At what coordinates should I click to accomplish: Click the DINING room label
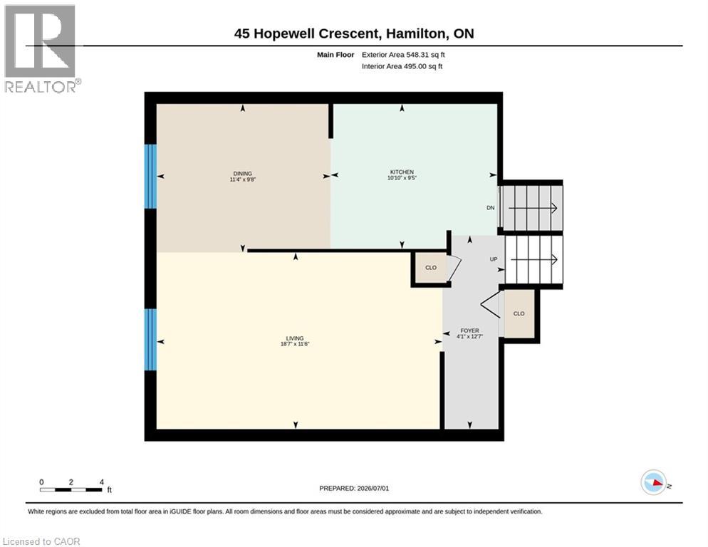point(242,174)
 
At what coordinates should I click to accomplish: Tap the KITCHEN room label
point(402,172)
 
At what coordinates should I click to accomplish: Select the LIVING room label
point(295,338)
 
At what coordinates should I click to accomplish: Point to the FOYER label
point(469,330)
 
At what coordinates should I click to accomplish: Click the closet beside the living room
point(431,267)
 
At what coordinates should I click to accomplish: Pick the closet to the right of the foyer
point(519,313)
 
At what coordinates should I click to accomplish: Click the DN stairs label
point(490,208)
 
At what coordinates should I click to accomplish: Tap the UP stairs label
point(494,259)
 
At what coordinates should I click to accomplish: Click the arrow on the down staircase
point(533,208)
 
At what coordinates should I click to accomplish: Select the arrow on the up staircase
point(533,260)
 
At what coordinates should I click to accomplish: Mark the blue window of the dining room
point(150,176)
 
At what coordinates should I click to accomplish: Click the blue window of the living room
point(150,340)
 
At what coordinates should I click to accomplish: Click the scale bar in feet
point(71,489)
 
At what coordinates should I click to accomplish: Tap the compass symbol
point(653,482)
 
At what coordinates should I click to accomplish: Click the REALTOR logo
point(41,48)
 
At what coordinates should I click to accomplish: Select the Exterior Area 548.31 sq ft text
point(403,55)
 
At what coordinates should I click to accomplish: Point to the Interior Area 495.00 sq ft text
point(402,66)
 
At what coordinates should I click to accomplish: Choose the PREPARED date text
point(354,489)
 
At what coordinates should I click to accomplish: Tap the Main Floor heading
point(335,55)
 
